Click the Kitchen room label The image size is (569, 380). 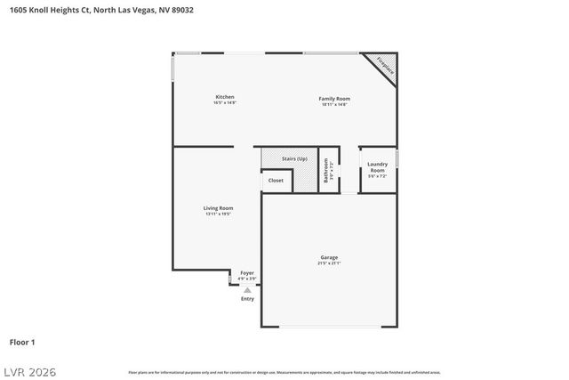224,96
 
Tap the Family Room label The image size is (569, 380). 334,98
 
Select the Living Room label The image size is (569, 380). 218,208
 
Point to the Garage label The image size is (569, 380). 329,257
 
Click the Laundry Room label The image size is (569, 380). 377,167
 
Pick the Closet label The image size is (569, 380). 276,181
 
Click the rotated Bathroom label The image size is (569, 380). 326,169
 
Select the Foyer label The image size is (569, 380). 247,273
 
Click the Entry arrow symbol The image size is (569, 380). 247,289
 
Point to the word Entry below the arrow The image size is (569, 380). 247,299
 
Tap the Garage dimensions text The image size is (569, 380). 329,263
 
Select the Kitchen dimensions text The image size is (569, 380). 224,103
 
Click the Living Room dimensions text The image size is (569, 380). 218,214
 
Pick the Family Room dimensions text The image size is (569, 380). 334,104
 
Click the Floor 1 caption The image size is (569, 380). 22,342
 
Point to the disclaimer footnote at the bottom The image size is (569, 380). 284,372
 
